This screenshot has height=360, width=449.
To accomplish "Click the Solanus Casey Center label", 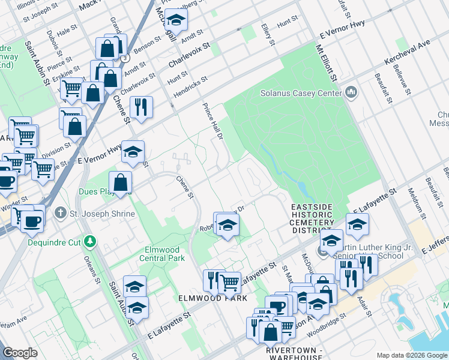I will (300, 93).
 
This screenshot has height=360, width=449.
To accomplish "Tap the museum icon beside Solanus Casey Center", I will (351, 93).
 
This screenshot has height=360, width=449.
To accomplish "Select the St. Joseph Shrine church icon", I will (60, 212).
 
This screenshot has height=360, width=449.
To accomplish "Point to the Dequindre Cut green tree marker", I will (90, 241).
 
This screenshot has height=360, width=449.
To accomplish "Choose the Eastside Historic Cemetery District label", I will (312, 218).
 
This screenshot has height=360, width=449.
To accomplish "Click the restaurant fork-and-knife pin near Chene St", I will (141, 107).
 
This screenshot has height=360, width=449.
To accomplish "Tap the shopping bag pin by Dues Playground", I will (121, 182).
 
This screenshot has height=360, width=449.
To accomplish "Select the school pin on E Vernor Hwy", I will (133, 152).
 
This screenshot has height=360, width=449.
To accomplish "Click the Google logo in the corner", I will (20, 353).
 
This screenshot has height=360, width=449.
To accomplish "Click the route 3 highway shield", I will (124, 58).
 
